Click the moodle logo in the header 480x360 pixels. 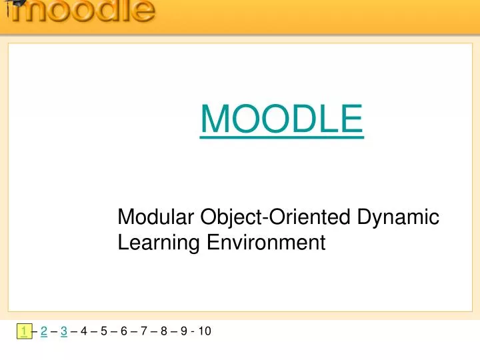point(80,11)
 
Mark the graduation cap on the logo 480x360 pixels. point(13,3)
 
